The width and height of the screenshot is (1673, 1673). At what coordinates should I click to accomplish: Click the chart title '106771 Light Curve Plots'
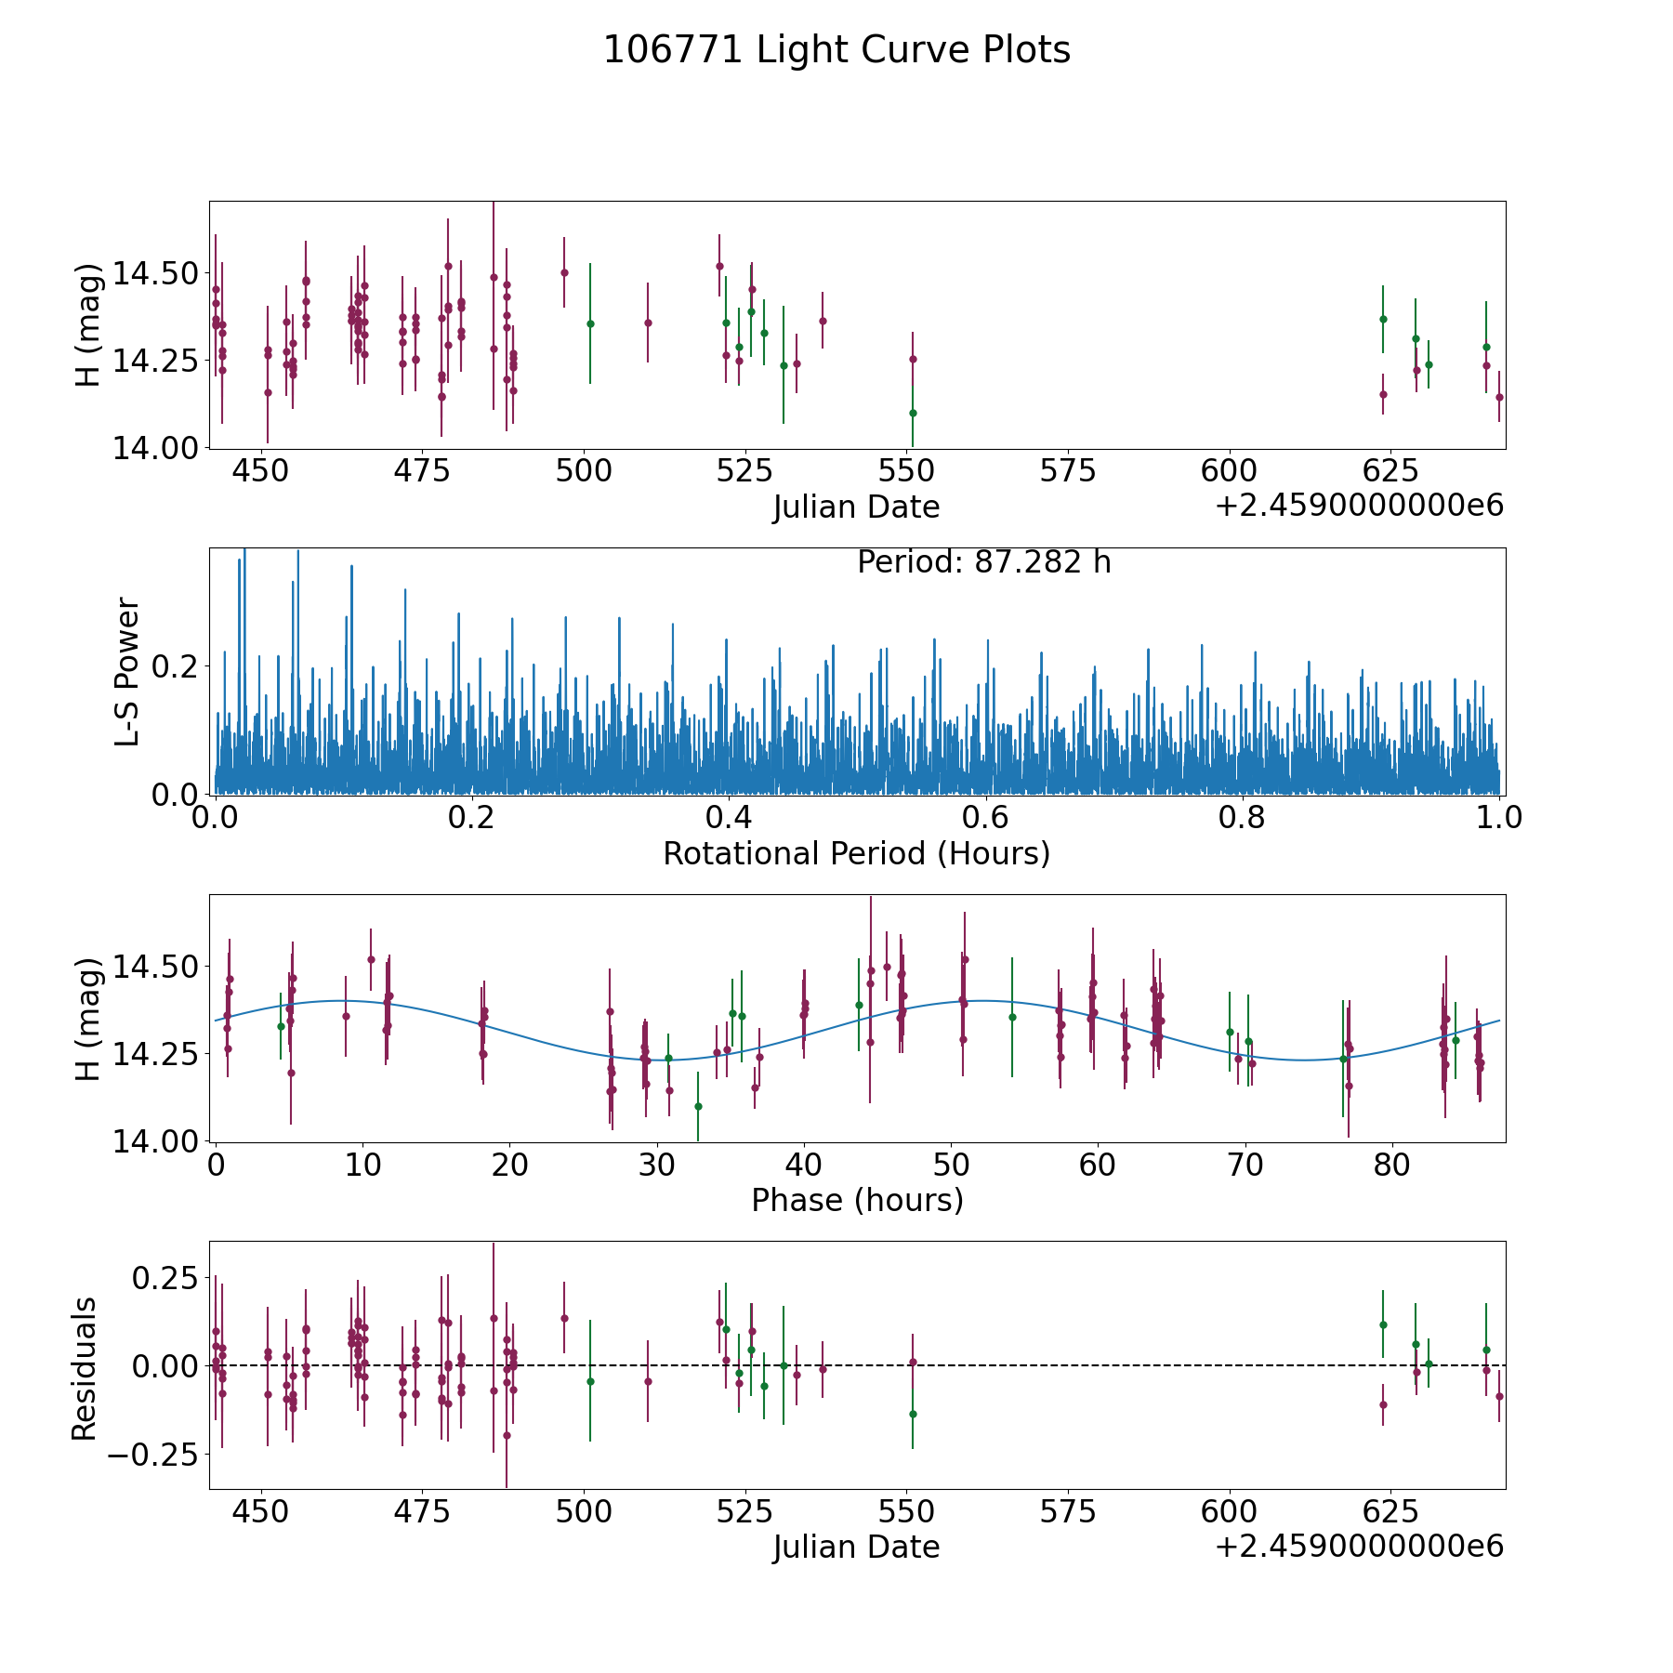pyautogui.click(x=836, y=50)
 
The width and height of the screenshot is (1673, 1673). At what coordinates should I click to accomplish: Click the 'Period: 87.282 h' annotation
pyautogui.click(x=983, y=562)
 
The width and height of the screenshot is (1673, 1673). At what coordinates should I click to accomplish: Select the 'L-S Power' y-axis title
pyautogui.click(x=127, y=671)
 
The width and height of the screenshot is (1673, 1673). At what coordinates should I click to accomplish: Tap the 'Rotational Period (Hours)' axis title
pyautogui.click(x=856, y=853)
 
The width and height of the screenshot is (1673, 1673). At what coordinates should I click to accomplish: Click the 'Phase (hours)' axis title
pyautogui.click(x=857, y=1200)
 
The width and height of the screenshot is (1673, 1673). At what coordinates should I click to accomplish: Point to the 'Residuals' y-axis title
pyautogui.click(x=85, y=1369)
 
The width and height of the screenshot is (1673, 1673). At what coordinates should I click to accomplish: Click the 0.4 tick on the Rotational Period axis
pyautogui.click(x=729, y=818)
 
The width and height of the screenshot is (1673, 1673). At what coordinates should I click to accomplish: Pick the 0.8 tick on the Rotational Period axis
pyautogui.click(x=1243, y=818)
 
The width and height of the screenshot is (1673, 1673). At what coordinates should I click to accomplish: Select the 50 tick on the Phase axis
pyautogui.click(x=951, y=1165)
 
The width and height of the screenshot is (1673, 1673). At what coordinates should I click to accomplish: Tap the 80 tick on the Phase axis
pyautogui.click(x=1392, y=1165)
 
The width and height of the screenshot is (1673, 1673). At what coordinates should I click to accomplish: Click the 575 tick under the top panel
pyautogui.click(x=1068, y=471)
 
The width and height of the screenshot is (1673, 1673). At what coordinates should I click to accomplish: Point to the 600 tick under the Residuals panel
pyautogui.click(x=1229, y=1511)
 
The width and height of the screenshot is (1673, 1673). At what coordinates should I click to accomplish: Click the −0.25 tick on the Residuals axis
pyautogui.click(x=153, y=1454)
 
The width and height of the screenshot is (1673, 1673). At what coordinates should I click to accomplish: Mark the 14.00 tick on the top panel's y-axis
pyautogui.click(x=154, y=447)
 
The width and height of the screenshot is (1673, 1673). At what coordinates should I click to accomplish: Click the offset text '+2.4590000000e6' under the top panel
pyautogui.click(x=1359, y=507)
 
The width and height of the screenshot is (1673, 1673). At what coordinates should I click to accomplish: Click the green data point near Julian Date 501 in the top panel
pyautogui.click(x=589, y=323)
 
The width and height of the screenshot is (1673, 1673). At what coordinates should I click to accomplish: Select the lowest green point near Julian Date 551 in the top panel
pyautogui.click(x=913, y=413)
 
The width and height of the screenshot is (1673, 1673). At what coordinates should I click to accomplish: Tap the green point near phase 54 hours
pyautogui.click(x=1012, y=1017)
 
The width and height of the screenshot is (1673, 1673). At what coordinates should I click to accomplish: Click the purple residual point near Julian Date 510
pyautogui.click(x=648, y=1381)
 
